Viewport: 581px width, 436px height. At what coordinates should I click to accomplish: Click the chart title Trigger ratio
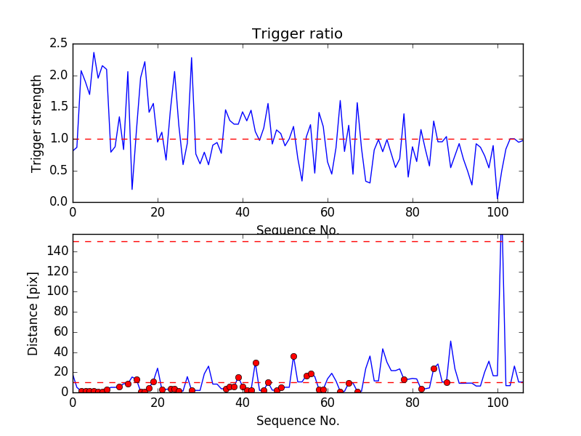point(297,33)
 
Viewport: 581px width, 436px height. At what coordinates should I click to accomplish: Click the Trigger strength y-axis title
point(37,123)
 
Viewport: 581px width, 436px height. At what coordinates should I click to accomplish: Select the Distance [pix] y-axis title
point(33,313)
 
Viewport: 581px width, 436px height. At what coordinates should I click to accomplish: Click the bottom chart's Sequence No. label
point(297,421)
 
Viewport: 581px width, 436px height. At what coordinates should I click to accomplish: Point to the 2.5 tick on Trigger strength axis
point(59,44)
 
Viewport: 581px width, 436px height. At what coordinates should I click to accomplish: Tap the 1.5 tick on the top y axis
point(59,107)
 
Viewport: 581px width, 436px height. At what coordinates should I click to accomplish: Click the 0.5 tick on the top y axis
point(59,170)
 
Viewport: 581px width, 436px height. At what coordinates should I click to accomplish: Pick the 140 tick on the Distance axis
point(57,251)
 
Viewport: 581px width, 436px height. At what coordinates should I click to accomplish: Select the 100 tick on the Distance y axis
point(57,291)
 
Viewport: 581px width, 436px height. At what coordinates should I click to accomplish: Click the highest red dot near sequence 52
point(293,356)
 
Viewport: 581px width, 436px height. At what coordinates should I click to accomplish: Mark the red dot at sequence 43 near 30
point(256,363)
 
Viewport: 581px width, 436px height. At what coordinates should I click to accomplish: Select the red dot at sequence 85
point(434,368)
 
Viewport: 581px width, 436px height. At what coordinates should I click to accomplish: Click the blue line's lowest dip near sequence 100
point(497,199)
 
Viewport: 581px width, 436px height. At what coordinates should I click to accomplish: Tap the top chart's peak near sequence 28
point(192,57)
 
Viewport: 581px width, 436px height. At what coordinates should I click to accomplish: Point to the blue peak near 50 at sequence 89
point(451,341)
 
